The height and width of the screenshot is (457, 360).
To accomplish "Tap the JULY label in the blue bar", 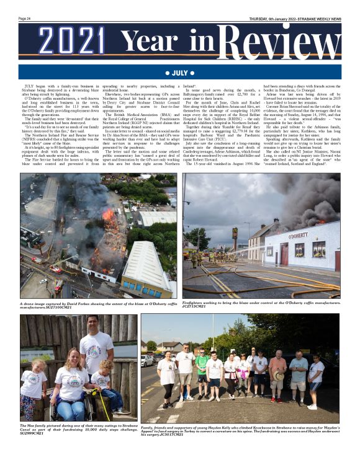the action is [180, 73].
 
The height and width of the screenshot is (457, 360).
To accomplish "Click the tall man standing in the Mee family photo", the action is [96, 347].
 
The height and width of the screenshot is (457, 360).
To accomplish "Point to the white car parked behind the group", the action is [146, 360].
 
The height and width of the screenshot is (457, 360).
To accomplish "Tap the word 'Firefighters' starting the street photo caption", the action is [194, 302].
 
